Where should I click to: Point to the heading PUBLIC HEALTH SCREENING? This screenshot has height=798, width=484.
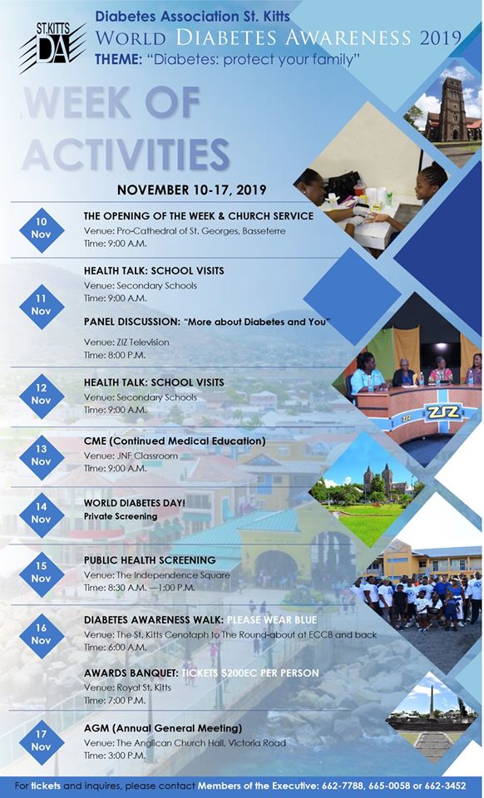(x=150, y=559)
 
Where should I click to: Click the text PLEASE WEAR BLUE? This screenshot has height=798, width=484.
(x=274, y=619)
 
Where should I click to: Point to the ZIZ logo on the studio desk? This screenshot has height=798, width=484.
(x=442, y=411)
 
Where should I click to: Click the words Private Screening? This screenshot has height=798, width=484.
(x=120, y=516)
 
